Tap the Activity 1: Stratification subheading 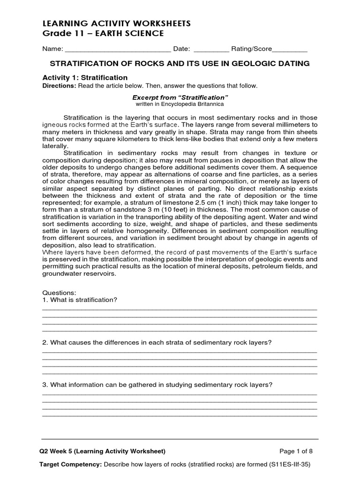click(x=85, y=77)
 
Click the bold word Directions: click(x=60, y=86)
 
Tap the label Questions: click(x=56, y=292)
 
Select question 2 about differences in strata click(x=157, y=342)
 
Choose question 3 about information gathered click(x=157, y=385)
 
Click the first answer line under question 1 click(x=180, y=309)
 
